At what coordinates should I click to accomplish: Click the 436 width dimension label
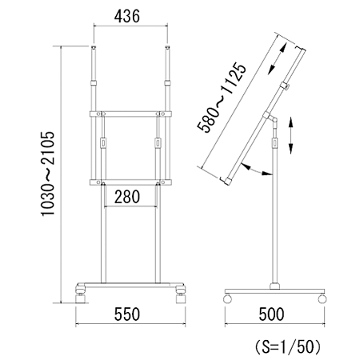(x=127, y=16)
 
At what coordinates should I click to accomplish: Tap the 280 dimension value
(x=127, y=197)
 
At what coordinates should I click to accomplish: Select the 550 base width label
(x=127, y=314)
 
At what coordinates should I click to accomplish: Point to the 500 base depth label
(x=271, y=314)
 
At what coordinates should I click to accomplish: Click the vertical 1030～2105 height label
(x=48, y=174)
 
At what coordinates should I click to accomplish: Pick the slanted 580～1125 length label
(x=222, y=98)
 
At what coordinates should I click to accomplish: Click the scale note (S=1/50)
(x=287, y=347)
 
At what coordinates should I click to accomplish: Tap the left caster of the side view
(x=227, y=298)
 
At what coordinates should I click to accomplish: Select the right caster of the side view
(x=322, y=298)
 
